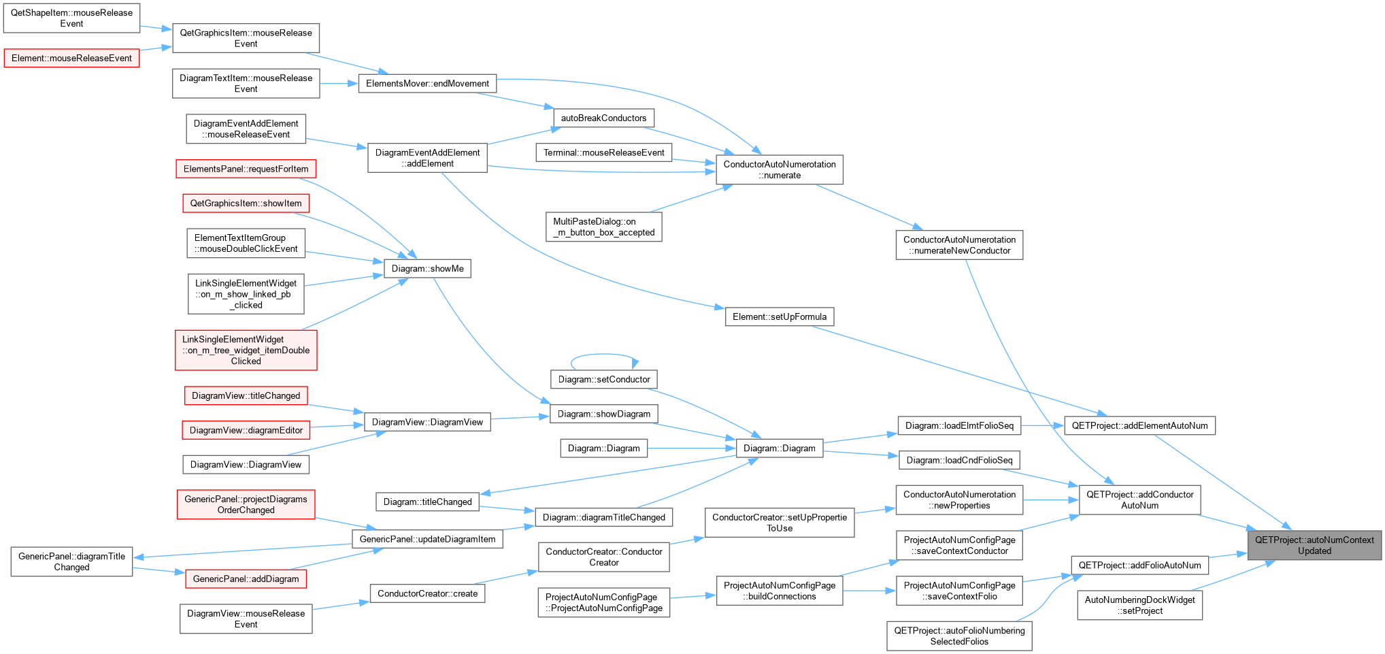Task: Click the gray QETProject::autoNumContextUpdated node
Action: click(x=1314, y=545)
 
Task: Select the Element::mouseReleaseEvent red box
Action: click(x=71, y=58)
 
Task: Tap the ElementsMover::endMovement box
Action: click(x=427, y=83)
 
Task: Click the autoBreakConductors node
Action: click(x=603, y=118)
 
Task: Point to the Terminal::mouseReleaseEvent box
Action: click(x=603, y=152)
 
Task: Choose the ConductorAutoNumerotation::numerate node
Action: click(x=780, y=169)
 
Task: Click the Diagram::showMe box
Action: click(x=427, y=268)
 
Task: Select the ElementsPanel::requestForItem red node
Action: click(x=246, y=169)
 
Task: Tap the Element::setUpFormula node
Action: click(x=780, y=316)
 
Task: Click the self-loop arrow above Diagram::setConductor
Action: click(x=604, y=355)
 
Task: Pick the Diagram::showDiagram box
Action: click(x=604, y=414)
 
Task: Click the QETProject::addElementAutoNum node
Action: click(x=1139, y=425)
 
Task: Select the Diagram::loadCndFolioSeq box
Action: click(x=959, y=460)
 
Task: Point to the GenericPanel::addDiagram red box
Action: click(x=246, y=578)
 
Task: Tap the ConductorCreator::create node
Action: click(x=427, y=593)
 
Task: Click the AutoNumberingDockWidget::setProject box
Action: click(x=1139, y=605)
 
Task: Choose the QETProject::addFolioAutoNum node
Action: click(x=1139, y=565)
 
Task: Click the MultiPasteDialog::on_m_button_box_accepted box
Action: click(x=603, y=227)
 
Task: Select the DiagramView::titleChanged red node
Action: click(x=246, y=395)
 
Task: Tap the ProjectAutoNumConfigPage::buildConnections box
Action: click(x=780, y=591)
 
